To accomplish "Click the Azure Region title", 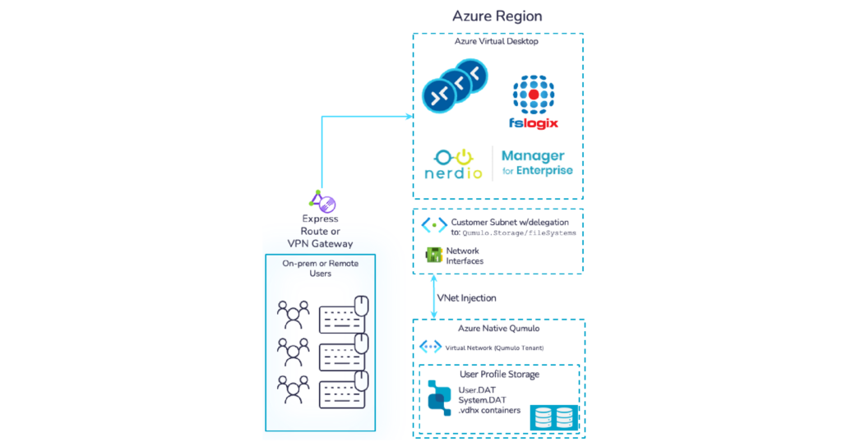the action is [x=497, y=16].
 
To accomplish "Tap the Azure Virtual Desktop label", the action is [x=496, y=41].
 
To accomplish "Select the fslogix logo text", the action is [x=533, y=123].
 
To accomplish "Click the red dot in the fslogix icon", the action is [x=533, y=94].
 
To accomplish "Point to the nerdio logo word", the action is [x=453, y=173].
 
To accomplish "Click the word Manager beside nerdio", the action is [x=533, y=156].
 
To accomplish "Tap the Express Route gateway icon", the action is [x=322, y=201].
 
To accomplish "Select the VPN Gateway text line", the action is [x=320, y=243].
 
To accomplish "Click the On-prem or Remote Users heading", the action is [x=320, y=268].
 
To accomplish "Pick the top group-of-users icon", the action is [x=294, y=315].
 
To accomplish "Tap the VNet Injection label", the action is [x=467, y=298].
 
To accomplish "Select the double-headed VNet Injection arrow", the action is [x=434, y=297].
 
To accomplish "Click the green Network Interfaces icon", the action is [x=433, y=255].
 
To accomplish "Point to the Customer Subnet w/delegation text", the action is [x=510, y=222].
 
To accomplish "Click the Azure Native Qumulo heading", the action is [x=498, y=329].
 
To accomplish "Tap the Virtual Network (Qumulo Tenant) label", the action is [x=494, y=348].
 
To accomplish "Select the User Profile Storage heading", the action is [x=499, y=375].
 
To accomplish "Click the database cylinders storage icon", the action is [x=554, y=417].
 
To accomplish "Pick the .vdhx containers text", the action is [x=489, y=410].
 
